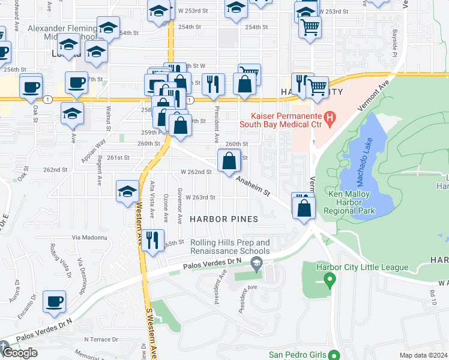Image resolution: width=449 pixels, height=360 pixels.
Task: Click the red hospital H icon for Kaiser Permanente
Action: pos(329,118)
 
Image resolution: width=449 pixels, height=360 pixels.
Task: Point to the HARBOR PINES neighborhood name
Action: pos(224,219)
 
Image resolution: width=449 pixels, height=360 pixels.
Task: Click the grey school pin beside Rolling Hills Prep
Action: pos(257,262)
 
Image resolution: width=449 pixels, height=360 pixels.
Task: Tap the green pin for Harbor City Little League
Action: pos(329,279)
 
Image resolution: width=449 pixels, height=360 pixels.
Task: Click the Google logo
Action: pos(20,353)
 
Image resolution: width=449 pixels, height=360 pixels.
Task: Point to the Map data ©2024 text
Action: pos(424,355)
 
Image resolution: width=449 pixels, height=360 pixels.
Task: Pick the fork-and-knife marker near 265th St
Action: pos(153,241)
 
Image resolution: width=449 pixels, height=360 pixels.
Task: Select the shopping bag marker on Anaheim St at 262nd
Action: pos(229,162)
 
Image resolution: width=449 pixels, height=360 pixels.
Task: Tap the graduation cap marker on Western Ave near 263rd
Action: pos(127,193)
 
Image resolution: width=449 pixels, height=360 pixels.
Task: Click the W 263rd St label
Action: pos(200,197)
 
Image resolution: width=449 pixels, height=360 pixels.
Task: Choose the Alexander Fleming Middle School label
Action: pos(62,32)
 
